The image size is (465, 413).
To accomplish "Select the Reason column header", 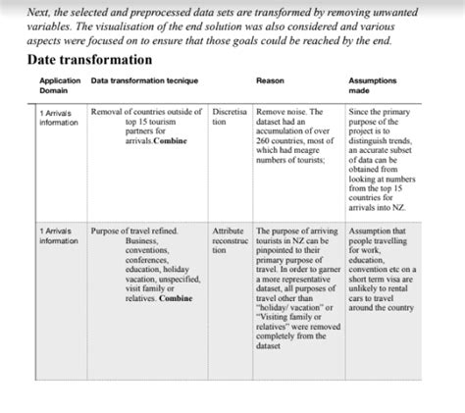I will click(x=269, y=80).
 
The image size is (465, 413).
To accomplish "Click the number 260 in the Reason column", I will click(x=264, y=141).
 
